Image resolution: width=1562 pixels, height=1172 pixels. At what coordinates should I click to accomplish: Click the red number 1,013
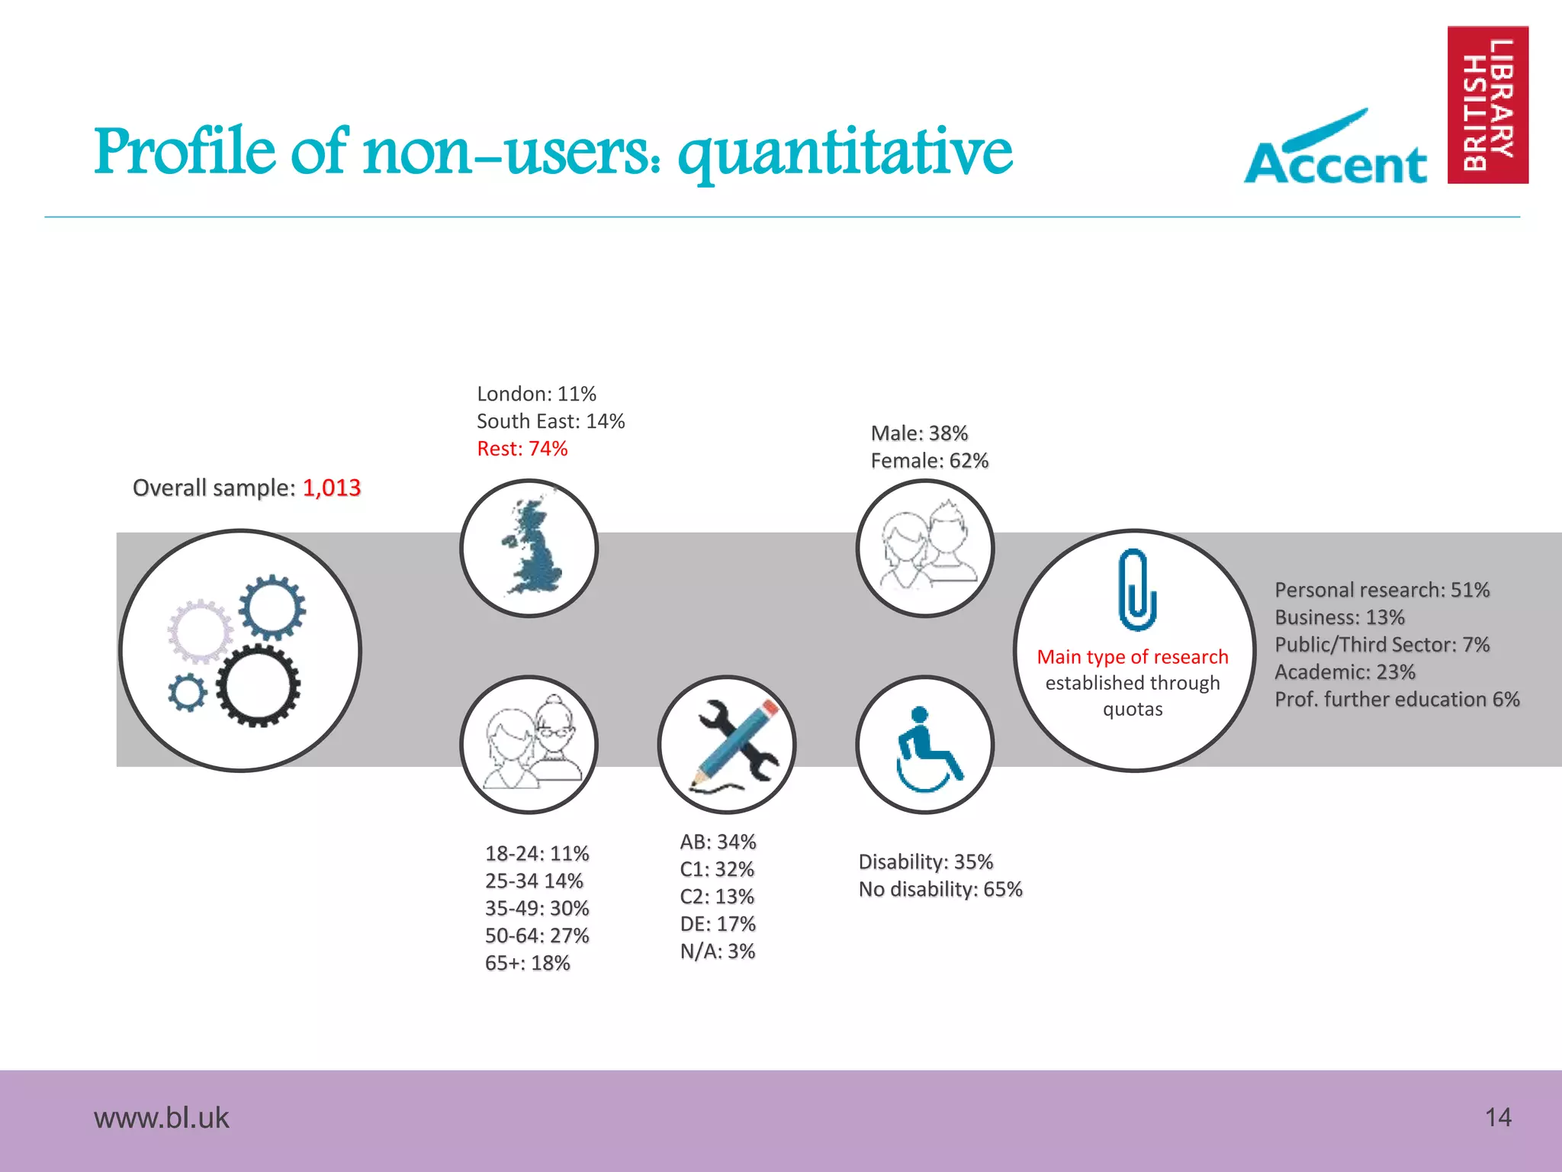click(x=331, y=488)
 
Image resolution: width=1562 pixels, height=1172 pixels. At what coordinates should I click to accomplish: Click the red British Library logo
click(x=1487, y=105)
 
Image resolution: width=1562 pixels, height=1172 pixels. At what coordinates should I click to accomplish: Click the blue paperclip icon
click(x=1136, y=589)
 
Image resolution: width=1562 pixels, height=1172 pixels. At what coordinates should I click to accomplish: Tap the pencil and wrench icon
click(x=728, y=745)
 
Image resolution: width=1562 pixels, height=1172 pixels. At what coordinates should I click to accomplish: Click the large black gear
click(x=258, y=684)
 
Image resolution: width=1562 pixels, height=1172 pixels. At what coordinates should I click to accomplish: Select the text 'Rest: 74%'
click(x=522, y=449)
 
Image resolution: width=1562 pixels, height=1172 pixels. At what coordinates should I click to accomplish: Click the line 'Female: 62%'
click(x=929, y=461)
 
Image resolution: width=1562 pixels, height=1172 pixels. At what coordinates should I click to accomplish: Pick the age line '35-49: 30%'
click(x=537, y=908)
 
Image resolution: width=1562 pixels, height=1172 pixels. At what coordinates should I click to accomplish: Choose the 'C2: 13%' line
click(x=717, y=897)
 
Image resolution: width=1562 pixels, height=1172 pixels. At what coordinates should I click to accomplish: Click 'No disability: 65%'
click(x=940, y=889)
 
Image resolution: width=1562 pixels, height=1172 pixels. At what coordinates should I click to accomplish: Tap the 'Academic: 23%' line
click(x=1345, y=672)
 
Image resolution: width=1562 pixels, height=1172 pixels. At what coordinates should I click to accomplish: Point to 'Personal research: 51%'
click(x=1381, y=590)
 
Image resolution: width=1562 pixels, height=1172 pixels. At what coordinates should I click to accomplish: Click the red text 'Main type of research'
click(x=1133, y=657)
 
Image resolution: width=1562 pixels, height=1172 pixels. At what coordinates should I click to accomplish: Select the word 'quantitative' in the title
click(x=845, y=153)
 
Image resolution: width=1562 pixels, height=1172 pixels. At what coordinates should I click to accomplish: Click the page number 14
click(x=1498, y=1117)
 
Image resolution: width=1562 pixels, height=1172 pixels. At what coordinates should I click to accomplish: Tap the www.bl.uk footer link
click(x=161, y=1118)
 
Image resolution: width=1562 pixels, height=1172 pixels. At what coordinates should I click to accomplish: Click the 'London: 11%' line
click(x=536, y=394)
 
